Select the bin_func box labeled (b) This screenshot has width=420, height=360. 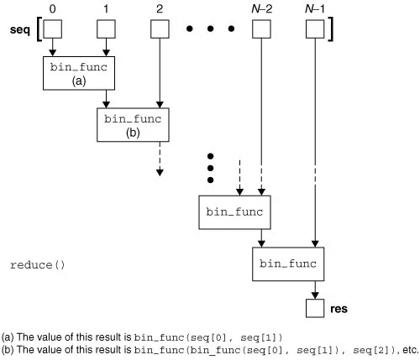(132, 125)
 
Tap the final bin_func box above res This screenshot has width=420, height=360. (288, 264)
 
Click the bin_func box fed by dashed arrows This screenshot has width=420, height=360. (235, 212)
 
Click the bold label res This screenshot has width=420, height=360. (339, 308)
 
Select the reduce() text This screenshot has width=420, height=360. (37, 264)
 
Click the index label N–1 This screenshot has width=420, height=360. (314, 8)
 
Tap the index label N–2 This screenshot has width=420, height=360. (261, 8)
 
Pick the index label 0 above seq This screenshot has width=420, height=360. (54, 8)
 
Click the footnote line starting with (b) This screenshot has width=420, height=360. (210, 349)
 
